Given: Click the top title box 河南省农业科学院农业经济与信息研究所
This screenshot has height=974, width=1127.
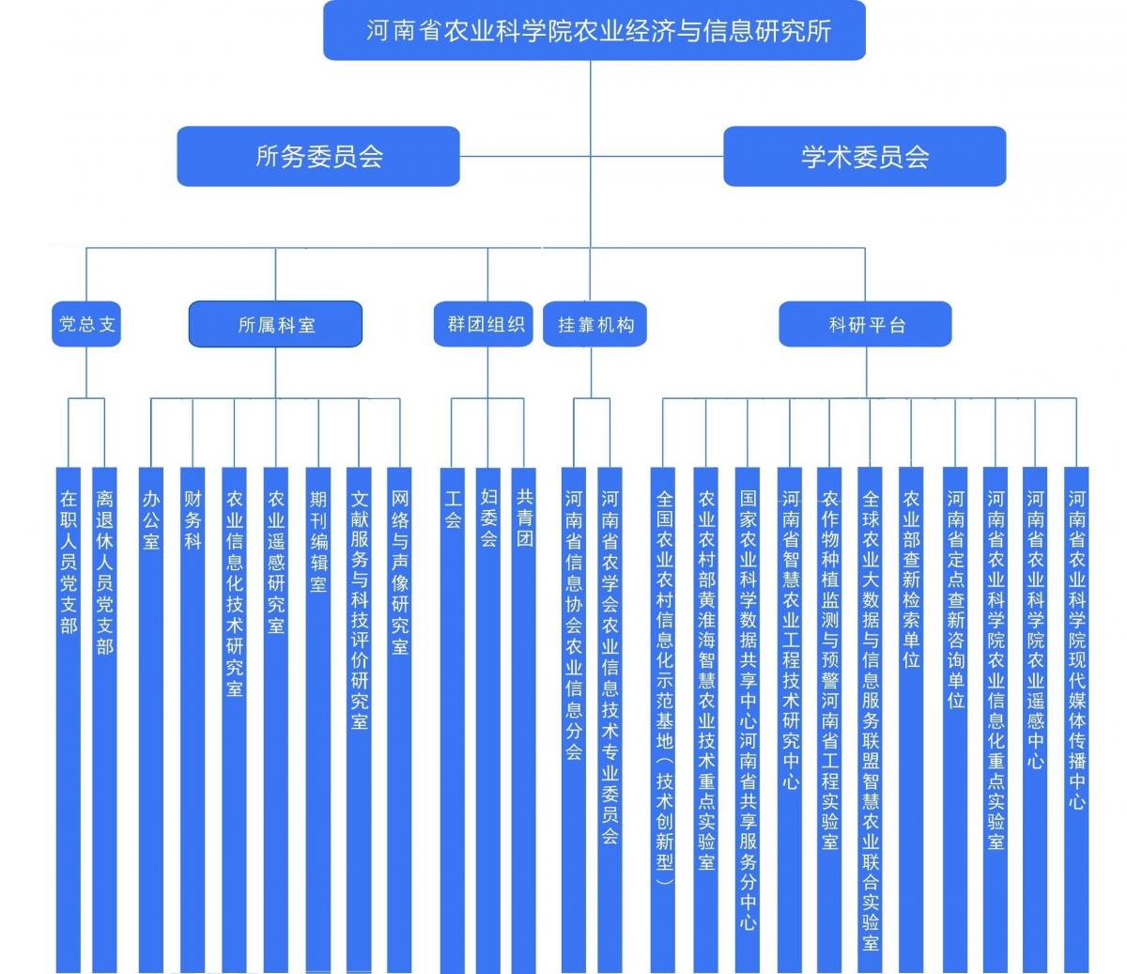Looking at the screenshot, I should (x=594, y=31).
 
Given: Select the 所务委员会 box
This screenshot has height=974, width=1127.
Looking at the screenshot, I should (x=318, y=156).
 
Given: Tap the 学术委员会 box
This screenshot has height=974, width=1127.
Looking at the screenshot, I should (x=864, y=156).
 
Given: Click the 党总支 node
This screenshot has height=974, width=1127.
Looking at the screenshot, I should (x=86, y=324).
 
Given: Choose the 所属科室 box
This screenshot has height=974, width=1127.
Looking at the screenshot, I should (x=276, y=324).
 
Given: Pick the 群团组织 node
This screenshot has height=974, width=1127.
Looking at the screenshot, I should (x=485, y=324).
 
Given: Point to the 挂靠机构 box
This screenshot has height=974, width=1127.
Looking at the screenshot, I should (x=595, y=324).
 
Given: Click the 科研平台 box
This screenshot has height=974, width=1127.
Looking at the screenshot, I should (x=865, y=324).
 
